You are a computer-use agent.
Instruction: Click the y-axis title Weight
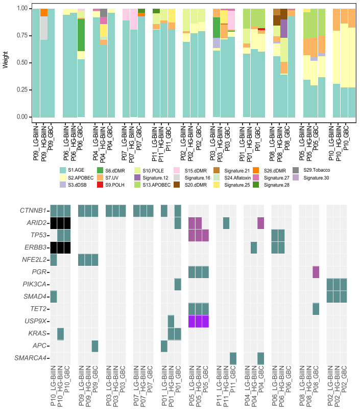(x=5, y=62)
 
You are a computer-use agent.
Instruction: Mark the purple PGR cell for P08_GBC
(x=316, y=272)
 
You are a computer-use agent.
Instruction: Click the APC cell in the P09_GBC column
(x=95, y=346)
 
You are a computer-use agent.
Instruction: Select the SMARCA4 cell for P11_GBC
(x=233, y=358)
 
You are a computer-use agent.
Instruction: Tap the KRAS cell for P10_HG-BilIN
(x=60, y=334)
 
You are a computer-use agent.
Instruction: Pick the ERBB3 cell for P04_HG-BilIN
(x=254, y=247)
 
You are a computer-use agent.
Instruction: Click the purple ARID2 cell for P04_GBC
(x=260, y=223)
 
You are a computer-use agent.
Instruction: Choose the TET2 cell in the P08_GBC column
(x=316, y=309)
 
